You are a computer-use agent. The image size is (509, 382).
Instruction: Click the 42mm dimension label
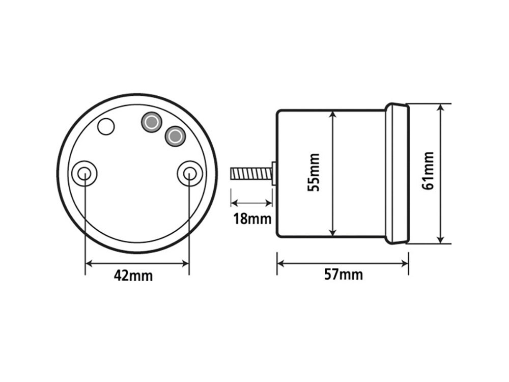(x=133, y=276)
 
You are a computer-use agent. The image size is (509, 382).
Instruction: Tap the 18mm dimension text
(x=252, y=220)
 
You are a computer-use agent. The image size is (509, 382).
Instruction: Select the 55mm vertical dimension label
(x=315, y=173)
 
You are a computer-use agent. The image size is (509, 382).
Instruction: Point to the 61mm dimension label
(x=429, y=171)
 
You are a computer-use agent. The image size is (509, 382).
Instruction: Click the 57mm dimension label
(x=344, y=275)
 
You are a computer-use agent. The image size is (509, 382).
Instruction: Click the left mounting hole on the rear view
(x=84, y=174)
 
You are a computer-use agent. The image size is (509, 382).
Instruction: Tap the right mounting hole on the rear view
(x=189, y=174)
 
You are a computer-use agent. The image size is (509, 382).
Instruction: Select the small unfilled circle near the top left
(x=106, y=126)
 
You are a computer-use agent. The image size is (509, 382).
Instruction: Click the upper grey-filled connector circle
(x=151, y=122)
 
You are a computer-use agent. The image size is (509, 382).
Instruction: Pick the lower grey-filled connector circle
(x=175, y=136)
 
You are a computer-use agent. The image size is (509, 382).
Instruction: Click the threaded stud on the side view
(x=251, y=174)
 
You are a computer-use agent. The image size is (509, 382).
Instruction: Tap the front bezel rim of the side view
(x=397, y=173)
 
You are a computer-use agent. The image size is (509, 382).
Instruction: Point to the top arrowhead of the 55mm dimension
(x=332, y=115)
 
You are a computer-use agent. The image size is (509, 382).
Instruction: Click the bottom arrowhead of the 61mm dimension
(x=441, y=239)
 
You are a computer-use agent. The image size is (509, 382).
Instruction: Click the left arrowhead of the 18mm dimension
(x=234, y=203)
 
